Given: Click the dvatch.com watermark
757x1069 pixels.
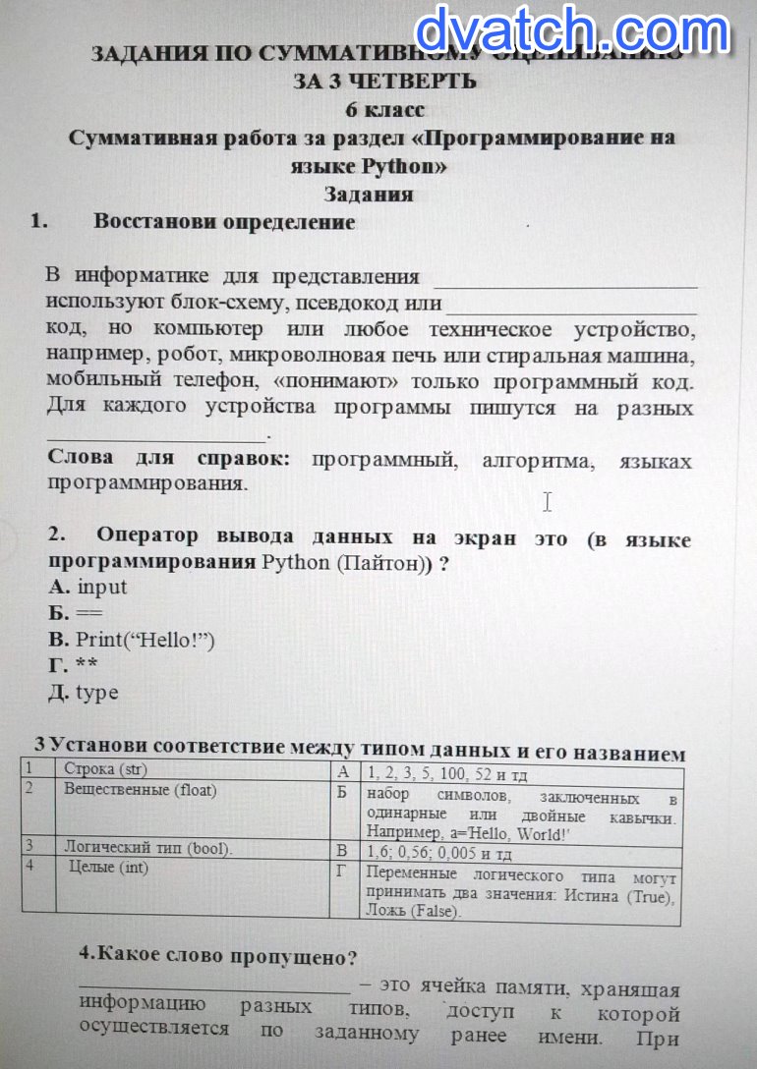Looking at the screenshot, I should (573, 31).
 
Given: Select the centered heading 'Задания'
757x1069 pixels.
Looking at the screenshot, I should (369, 195).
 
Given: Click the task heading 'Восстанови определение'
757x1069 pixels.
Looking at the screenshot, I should (224, 222).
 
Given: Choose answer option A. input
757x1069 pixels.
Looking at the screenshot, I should (87, 588).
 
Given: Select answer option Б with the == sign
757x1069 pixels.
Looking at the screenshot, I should (75, 614).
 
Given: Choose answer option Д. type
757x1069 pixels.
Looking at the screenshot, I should (84, 693).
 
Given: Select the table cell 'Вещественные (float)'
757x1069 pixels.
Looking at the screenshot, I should (140, 789).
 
